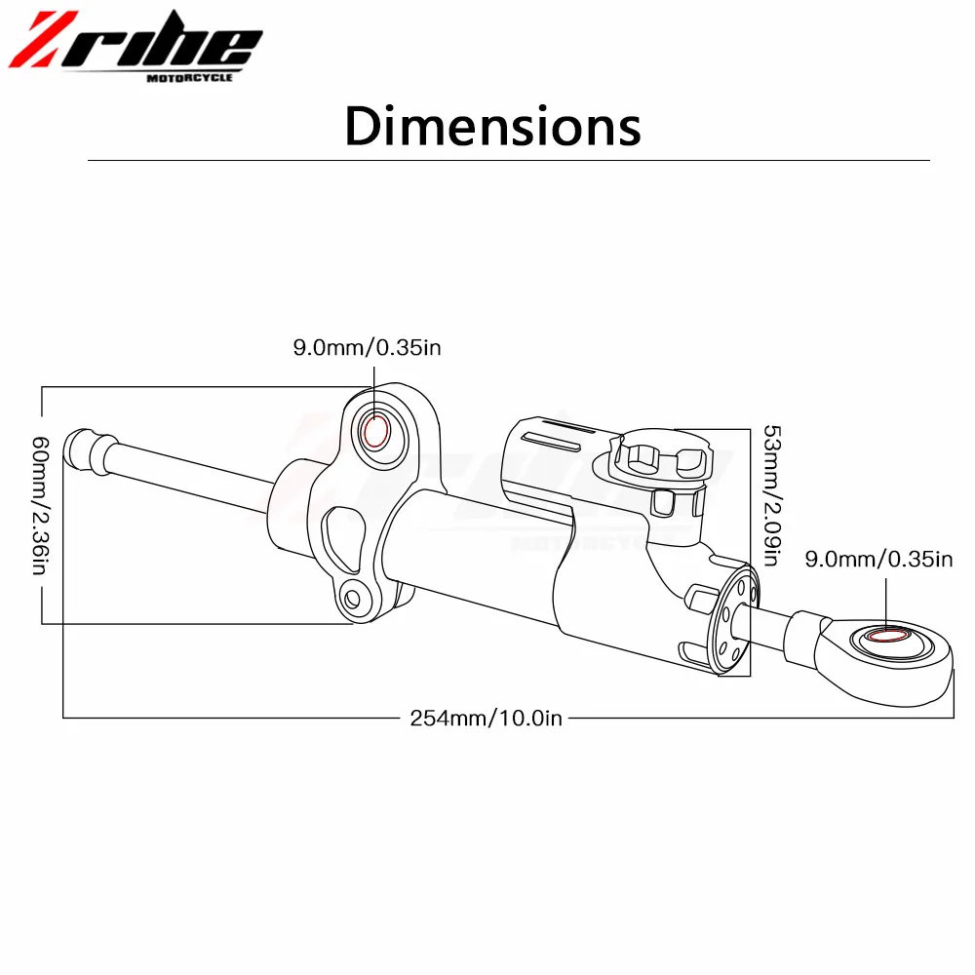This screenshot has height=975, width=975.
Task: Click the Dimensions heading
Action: tap(492, 126)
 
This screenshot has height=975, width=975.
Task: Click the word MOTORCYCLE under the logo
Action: tap(190, 77)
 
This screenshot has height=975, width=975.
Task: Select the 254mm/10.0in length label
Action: tap(486, 719)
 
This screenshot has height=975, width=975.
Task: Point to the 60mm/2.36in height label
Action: tap(40, 505)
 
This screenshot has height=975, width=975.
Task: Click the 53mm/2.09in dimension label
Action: tap(771, 495)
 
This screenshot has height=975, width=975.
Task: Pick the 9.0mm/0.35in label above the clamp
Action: tap(367, 348)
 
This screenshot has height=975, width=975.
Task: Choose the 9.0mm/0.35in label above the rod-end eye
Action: tap(878, 559)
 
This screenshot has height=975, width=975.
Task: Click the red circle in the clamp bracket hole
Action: tap(375, 431)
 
